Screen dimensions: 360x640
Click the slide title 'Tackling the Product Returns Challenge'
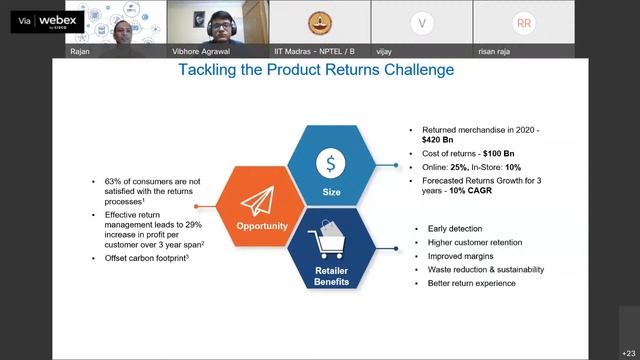[315, 70]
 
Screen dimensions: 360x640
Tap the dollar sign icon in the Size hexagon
[332, 162]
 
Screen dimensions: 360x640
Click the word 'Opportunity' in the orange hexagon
[261, 226]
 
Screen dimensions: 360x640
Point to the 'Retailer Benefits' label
[332, 276]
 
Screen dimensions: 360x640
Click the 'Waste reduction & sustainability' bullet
[485, 270]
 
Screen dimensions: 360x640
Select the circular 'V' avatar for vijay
[423, 23]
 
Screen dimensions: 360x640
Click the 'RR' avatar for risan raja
[523, 23]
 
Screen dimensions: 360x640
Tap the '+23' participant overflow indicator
[627, 352]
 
